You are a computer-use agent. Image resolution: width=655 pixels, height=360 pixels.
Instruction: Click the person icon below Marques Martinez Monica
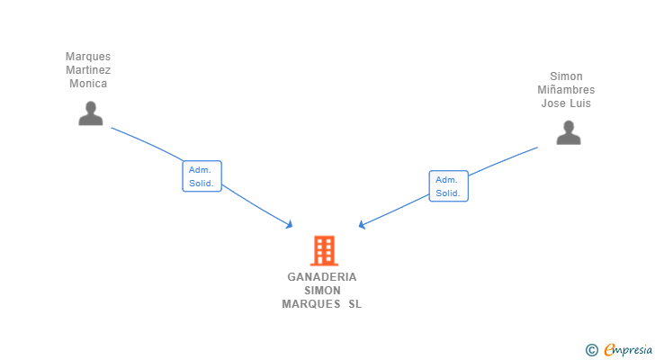[91, 113]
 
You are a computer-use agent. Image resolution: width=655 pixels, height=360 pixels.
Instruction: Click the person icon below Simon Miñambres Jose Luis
[569, 132]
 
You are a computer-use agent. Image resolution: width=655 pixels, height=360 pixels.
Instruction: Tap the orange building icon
[324, 250]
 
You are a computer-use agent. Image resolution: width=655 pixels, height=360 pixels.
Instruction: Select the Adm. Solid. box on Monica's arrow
[202, 176]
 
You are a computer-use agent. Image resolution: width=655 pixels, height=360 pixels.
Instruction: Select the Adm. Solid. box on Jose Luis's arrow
[449, 186]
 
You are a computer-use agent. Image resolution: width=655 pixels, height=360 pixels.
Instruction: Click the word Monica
[88, 84]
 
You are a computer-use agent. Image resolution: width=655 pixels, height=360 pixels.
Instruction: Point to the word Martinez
[88, 70]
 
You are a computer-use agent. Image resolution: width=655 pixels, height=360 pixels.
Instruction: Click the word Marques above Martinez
[88, 57]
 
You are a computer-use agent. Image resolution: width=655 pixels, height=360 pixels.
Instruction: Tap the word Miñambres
[566, 90]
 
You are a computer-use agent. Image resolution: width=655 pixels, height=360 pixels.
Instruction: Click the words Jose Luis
[566, 103]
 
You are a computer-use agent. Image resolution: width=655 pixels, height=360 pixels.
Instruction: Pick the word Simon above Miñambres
[566, 76]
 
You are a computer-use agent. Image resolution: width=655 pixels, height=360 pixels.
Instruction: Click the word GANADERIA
[322, 277]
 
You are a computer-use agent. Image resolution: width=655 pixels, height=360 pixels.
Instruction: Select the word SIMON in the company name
[322, 291]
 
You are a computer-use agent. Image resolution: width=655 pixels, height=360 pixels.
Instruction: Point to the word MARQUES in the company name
[311, 304]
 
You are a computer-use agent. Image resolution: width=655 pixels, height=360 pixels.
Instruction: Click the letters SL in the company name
[355, 304]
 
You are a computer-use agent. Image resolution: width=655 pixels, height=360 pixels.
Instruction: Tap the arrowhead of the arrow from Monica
[290, 225]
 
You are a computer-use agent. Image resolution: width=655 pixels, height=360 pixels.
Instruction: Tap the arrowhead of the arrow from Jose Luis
[362, 225]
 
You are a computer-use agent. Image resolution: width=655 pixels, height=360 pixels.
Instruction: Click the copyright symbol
[592, 350]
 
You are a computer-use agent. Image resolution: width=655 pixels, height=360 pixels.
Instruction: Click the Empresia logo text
[628, 350]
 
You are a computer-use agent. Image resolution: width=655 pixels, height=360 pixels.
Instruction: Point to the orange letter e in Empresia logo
[609, 349]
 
